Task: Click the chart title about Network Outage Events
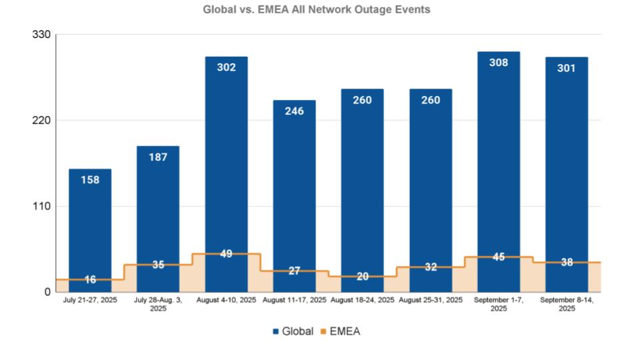[317, 10]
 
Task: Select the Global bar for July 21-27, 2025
[90, 220]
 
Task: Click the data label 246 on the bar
[294, 111]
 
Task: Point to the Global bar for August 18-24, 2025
[362, 180]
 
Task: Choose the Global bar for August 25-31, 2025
[430, 180]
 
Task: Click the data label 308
[499, 63]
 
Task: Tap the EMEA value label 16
[90, 279]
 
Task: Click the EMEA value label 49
[226, 253]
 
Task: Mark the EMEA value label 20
[362, 276]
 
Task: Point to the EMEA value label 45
[499, 257]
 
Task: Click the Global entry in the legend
[292, 331]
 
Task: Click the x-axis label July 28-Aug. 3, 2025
[158, 304]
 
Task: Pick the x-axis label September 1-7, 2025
[499, 304]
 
